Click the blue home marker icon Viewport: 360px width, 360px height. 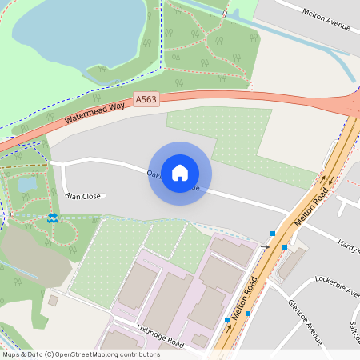pyautogui.click(x=180, y=173)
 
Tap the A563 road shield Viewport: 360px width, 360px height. pyautogui.click(x=146, y=99)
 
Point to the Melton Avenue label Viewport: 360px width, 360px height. pyautogui.click(x=326, y=18)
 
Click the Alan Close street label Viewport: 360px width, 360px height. pyautogui.click(x=84, y=195)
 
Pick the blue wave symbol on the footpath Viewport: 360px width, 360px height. pyautogui.click(x=52, y=218)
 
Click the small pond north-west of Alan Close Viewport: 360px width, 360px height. pyautogui.click(x=27, y=183)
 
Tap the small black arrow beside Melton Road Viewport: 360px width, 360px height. pyautogui.click(x=265, y=247)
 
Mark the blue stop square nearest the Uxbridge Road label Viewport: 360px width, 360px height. pyautogui.click(x=228, y=319)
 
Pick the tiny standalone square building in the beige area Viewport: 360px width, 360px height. pyautogui.click(x=53, y=300)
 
